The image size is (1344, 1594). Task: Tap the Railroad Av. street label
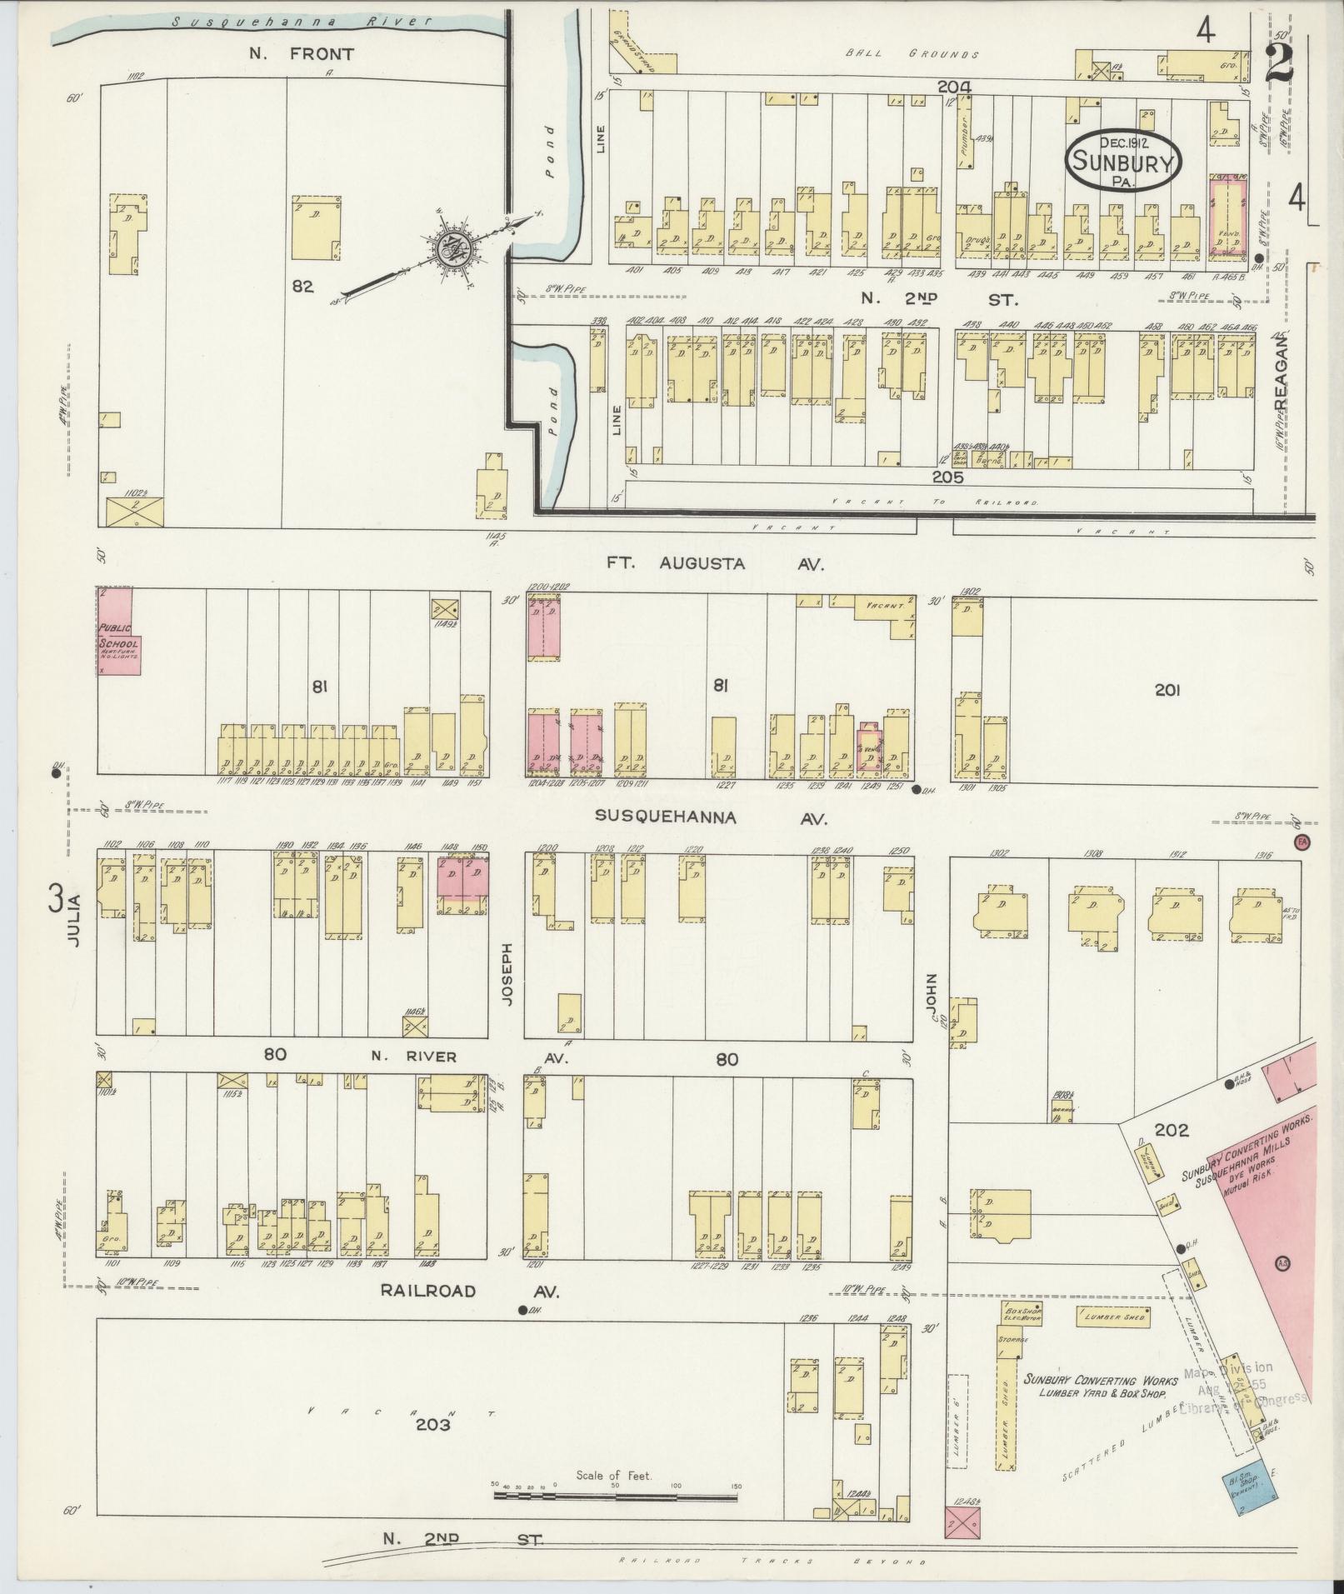point(469,1315)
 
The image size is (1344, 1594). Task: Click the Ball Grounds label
point(912,54)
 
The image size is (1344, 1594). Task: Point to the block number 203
point(433,1425)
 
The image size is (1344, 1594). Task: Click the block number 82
point(302,286)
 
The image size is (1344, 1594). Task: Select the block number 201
point(1168,689)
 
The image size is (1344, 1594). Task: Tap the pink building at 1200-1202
point(542,631)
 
